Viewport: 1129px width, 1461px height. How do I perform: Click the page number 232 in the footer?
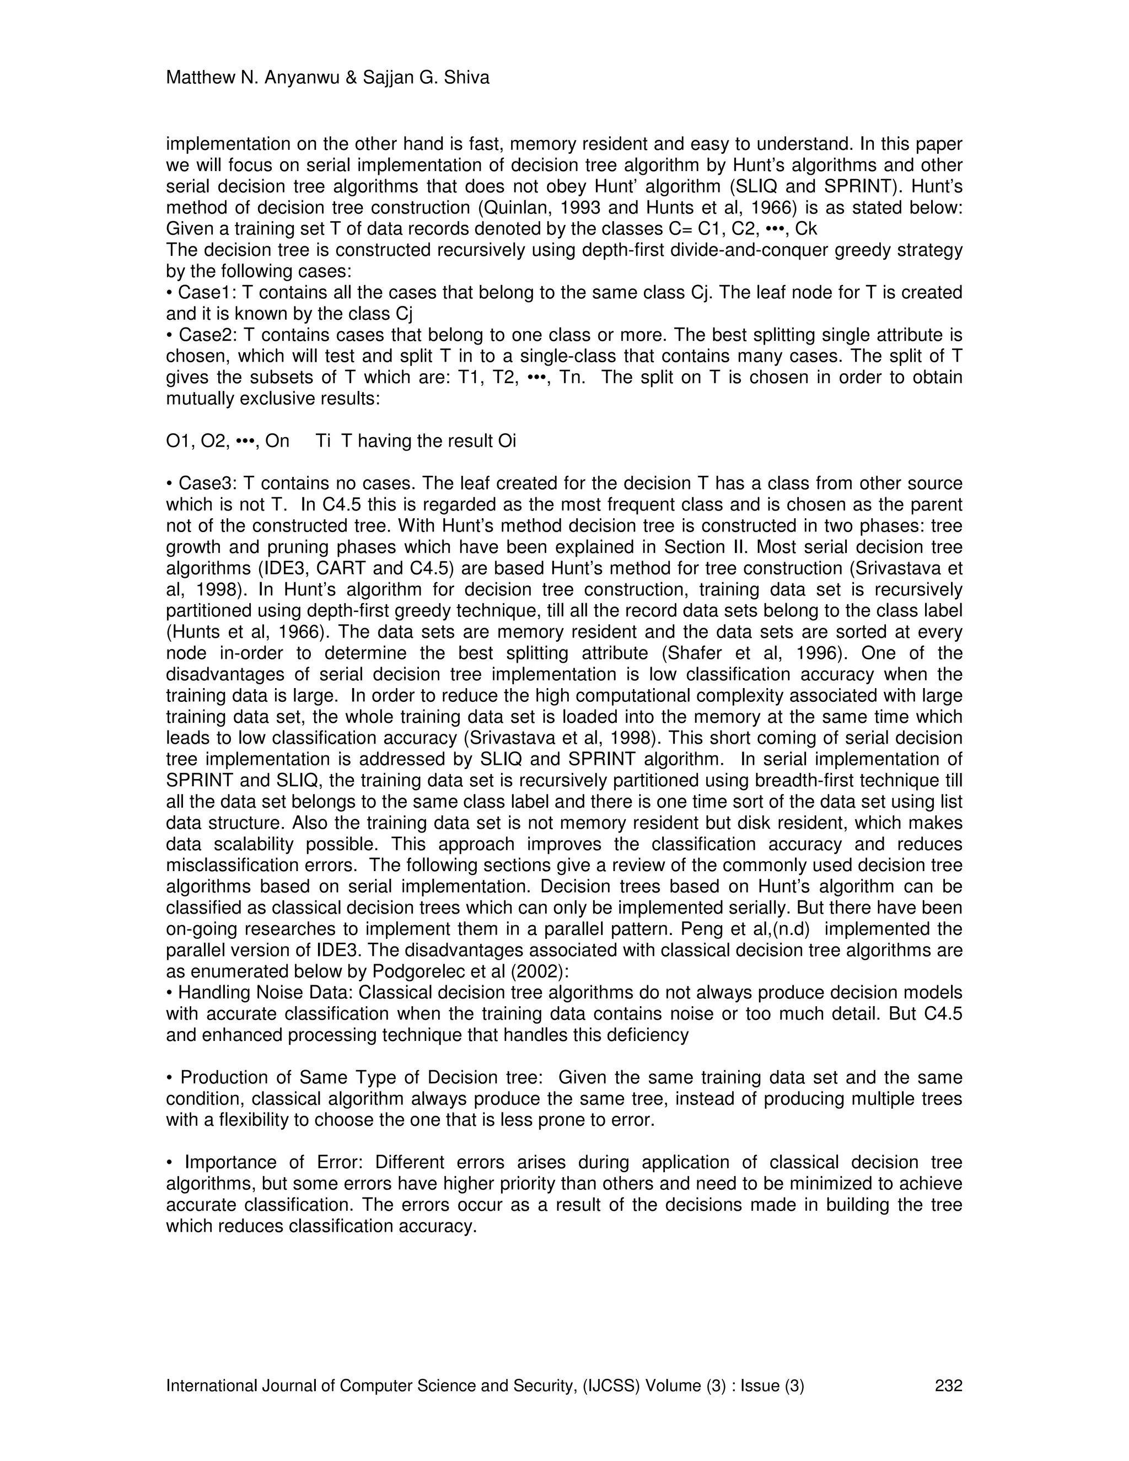(948, 1385)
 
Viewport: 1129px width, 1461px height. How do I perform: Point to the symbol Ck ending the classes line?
(806, 229)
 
